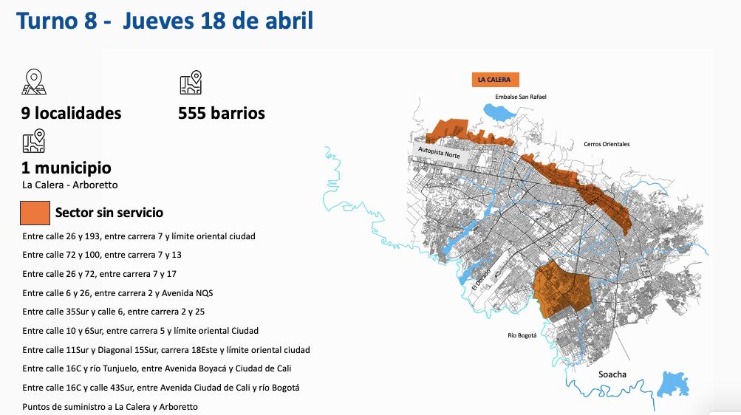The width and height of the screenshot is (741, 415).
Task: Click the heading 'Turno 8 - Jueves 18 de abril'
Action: click(x=165, y=21)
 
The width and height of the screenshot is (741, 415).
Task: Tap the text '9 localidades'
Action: click(x=72, y=113)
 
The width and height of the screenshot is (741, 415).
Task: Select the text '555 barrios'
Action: click(x=222, y=113)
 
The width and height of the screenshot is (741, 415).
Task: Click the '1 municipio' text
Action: click(x=66, y=168)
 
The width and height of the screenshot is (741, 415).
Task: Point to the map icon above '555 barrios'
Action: click(x=191, y=83)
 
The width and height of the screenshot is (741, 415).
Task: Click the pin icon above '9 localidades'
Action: click(x=34, y=82)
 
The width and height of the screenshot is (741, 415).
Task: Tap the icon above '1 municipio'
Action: click(x=34, y=140)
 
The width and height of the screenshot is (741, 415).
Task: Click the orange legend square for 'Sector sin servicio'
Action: click(x=35, y=213)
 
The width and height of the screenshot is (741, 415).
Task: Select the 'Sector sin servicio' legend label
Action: click(x=109, y=213)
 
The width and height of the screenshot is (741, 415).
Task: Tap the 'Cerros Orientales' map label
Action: click(x=607, y=144)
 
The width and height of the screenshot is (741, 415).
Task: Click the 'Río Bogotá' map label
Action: click(x=522, y=335)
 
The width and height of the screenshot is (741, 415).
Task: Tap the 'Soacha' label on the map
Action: click(x=612, y=374)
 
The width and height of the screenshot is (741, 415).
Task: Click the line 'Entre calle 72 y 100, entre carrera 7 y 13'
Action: click(x=102, y=255)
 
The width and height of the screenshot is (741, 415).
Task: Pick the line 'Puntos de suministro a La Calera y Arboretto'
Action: click(x=110, y=407)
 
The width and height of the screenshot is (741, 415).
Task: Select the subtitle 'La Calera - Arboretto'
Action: click(x=70, y=185)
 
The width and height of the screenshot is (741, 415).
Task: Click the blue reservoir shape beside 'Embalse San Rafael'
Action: click(x=499, y=113)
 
